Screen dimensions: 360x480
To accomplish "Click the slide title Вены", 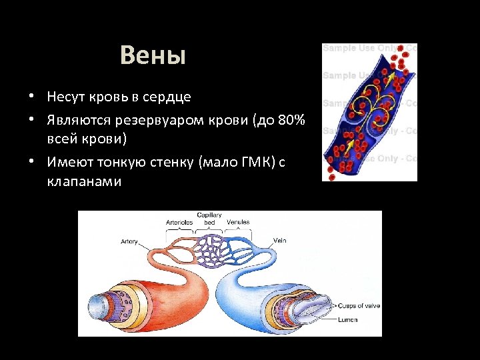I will tap(153, 56).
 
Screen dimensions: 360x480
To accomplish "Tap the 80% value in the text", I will tap(291, 121).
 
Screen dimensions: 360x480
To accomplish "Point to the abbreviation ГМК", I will tap(251, 163).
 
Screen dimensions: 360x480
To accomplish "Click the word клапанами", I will tap(84, 181).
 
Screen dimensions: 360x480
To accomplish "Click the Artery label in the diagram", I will tap(129, 241).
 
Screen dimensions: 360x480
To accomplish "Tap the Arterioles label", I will tap(179, 222).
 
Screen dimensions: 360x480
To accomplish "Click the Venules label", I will tap(238, 222).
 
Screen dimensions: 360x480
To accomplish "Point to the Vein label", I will tap(280, 240).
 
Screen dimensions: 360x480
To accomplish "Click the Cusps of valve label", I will tap(359, 306).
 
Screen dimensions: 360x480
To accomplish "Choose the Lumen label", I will tap(347, 320).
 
